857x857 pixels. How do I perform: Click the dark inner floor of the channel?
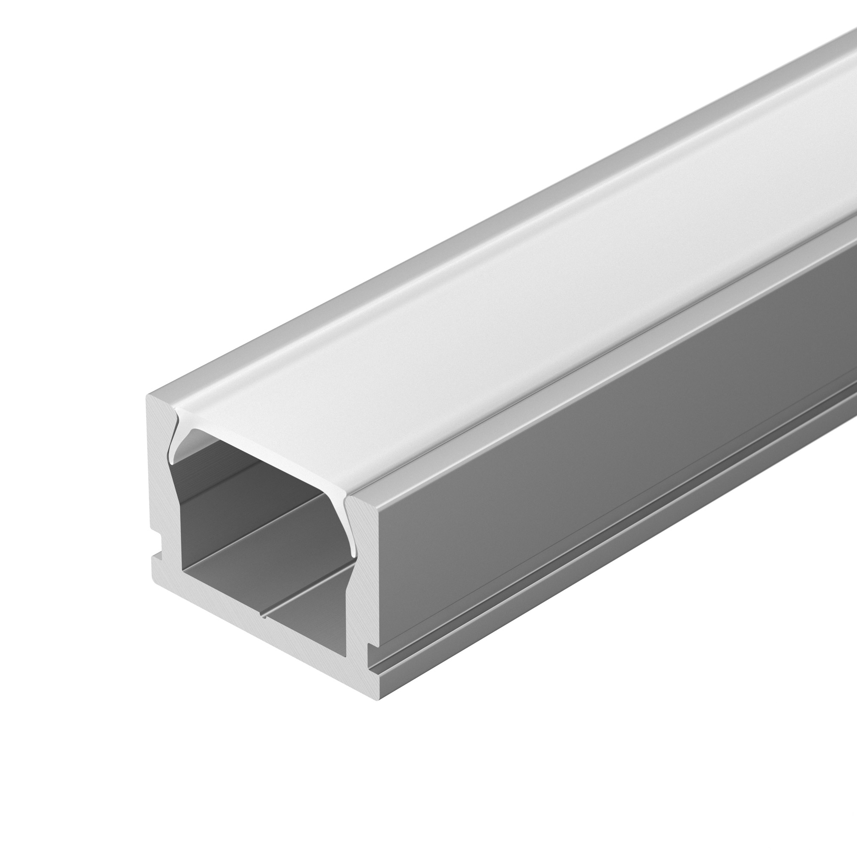pyautogui.click(x=306, y=612)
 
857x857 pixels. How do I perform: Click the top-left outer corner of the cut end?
pyautogui.click(x=147, y=395)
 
